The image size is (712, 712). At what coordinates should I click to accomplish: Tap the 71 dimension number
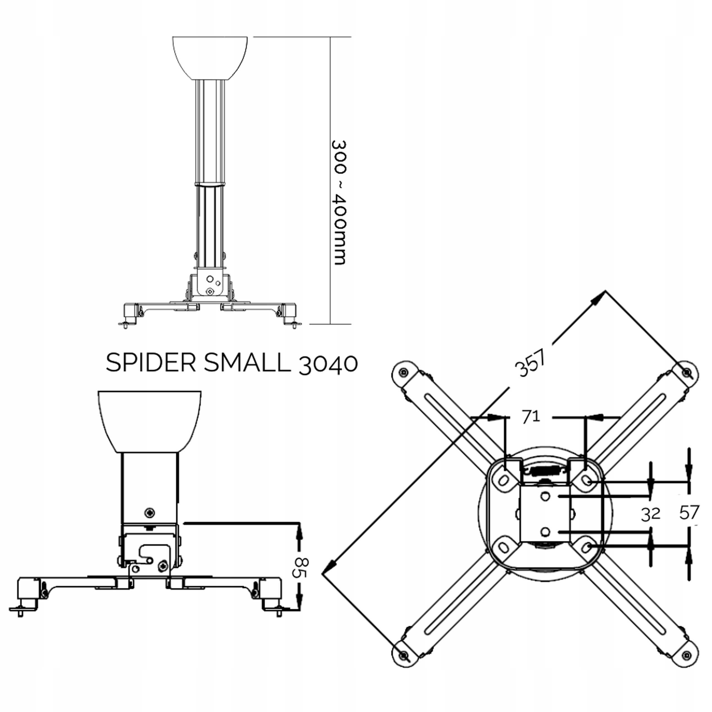point(531,417)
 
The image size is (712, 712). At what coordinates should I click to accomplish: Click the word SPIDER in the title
point(151,363)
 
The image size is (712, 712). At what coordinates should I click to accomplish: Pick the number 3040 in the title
point(328,364)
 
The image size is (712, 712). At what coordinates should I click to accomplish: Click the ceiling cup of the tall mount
point(210,57)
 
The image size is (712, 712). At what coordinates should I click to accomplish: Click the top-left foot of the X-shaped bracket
point(404,373)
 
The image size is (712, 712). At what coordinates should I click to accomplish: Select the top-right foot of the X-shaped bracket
point(686,373)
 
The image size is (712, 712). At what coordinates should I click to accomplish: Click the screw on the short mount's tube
point(150,512)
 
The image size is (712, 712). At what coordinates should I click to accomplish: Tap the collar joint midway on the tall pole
point(210,183)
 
